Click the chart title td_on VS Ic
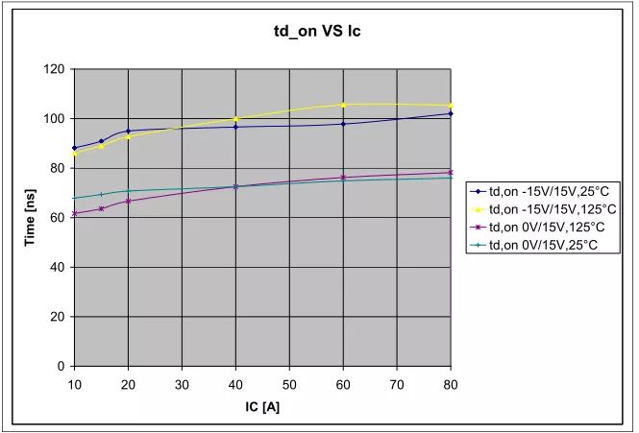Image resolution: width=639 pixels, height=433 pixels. tap(317, 32)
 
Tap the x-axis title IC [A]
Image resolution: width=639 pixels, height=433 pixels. tap(261, 407)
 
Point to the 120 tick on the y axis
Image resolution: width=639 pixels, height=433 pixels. tap(54, 69)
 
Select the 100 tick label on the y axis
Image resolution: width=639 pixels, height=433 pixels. tap(54, 119)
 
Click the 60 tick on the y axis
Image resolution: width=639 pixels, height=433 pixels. tap(58, 218)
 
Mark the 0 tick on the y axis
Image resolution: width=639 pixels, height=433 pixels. tap(61, 367)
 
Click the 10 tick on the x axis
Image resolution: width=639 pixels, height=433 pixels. tap(74, 383)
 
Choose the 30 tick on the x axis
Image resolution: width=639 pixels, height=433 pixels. tap(182, 383)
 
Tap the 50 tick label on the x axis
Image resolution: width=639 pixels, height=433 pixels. tap(289, 383)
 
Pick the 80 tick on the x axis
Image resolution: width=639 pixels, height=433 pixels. tap(450, 383)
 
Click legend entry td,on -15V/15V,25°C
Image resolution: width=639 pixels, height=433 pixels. tap(544, 192)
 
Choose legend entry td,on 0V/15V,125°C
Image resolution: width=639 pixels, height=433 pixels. tap(544, 228)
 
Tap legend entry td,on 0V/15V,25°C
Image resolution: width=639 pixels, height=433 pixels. tap(541, 245)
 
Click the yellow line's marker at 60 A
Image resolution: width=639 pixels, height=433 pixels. tap(343, 105)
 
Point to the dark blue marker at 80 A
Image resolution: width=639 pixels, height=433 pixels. tap(451, 113)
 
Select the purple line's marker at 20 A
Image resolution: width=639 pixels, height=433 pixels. tap(128, 201)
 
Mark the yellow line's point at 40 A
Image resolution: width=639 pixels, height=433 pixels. tap(235, 118)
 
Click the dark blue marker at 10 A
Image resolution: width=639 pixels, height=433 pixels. tap(74, 148)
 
